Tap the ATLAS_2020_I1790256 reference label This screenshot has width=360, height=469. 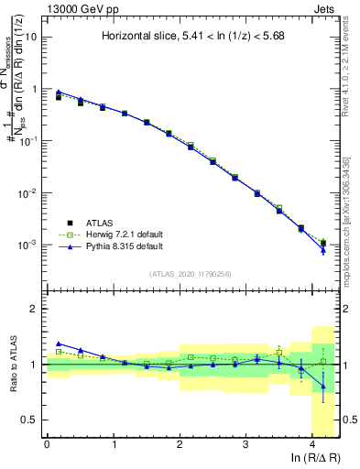click(191, 273)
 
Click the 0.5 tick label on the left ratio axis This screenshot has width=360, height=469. click(30, 420)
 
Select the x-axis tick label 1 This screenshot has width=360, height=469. click(114, 444)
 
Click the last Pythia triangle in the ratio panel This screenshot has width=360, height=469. click(323, 387)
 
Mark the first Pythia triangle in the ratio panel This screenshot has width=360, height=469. click(60, 344)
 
